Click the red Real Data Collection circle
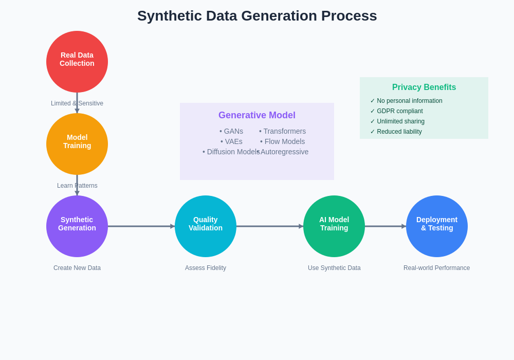tap(77, 62)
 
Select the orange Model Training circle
tap(77, 144)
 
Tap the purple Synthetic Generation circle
tap(77, 226)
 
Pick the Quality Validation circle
tap(206, 226)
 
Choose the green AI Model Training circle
tap(334, 226)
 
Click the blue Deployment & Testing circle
tap(437, 226)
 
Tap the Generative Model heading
tap(257, 115)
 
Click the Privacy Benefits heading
tap(424, 87)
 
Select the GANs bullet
tap(231, 131)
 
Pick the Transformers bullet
tap(283, 131)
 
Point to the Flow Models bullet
tap(283, 141)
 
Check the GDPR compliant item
tap(397, 111)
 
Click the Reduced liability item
tap(396, 132)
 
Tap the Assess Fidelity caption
tap(206, 268)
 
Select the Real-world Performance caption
tap(437, 268)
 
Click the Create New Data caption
tap(77, 268)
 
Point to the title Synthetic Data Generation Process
tap(257, 16)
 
